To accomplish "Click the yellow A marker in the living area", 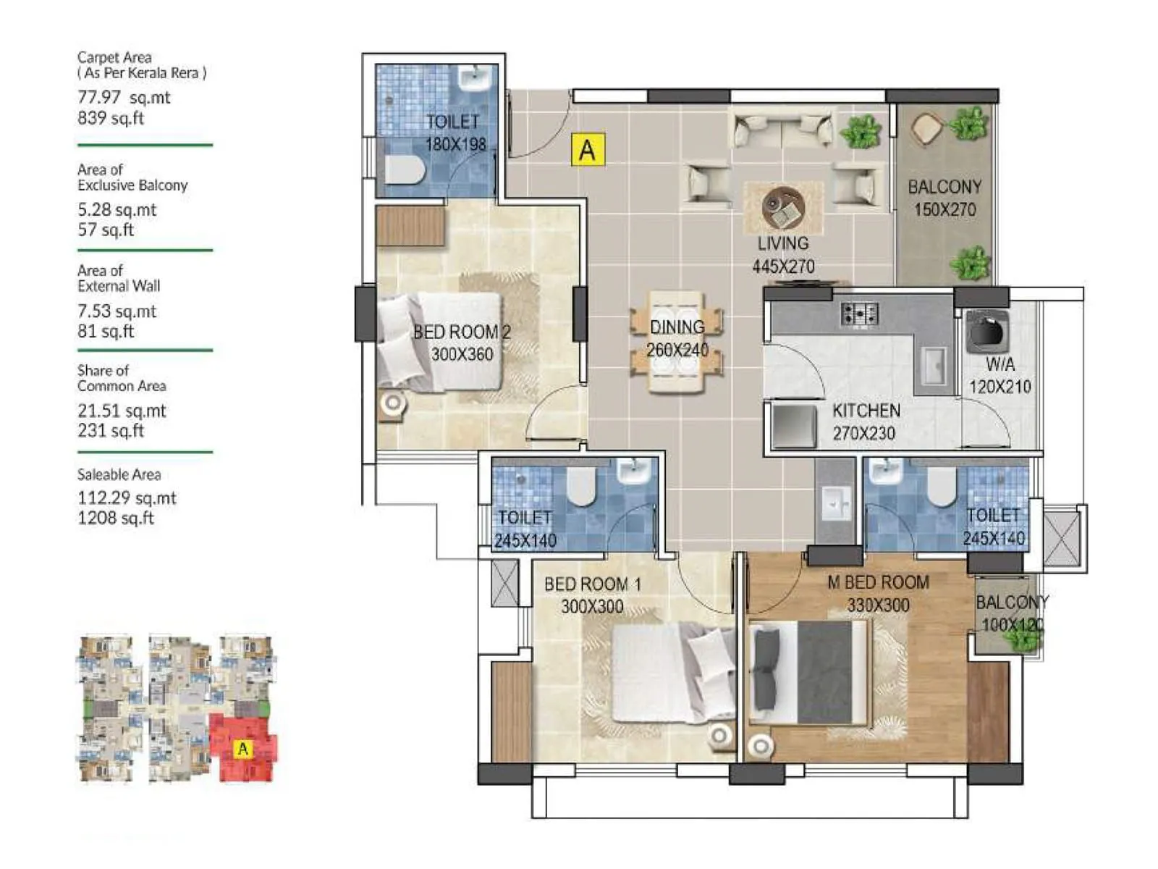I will (x=587, y=150).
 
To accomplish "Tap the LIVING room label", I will (x=783, y=244).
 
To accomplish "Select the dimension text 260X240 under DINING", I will (x=677, y=350).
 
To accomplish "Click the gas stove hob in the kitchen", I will (x=859, y=314).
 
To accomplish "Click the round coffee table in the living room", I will (x=783, y=207).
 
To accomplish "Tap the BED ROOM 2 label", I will (x=462, y=332).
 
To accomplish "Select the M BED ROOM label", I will (x=878, y=583).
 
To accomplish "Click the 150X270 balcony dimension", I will (x=944, y=210).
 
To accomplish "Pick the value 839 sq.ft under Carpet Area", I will (x=111, y=118).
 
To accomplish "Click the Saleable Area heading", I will (x=119, y=475).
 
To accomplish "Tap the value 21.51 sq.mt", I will (x=122, y=411).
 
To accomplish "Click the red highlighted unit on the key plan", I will (x=242, y=748).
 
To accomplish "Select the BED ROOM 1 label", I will (x=593, y=584).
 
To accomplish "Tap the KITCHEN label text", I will (x=866, y=411).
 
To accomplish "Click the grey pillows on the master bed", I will (x=766, y=670).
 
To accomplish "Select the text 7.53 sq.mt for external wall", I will (x=117, y=311).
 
